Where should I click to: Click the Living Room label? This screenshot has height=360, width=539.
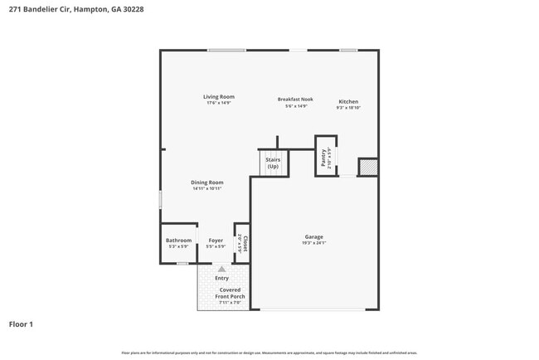tap(219, 97)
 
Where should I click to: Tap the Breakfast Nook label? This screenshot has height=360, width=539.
tap(295, 99)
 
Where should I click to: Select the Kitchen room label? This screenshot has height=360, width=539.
tap(347, 101)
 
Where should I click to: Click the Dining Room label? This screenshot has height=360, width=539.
tap(207, 182)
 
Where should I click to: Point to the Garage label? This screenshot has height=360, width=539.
tap(313, 236)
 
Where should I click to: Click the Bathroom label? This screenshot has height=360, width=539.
tap(178, 241)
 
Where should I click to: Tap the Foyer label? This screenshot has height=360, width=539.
tap(216, 241)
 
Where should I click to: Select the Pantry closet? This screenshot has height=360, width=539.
tap(326, 156)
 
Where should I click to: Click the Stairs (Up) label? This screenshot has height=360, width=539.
tap(273, 163)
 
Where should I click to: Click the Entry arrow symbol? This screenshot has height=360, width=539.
tap(221, 269)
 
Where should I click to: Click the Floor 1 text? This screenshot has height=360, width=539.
tap(21, 324)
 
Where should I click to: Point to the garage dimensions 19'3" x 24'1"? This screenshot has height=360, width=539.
tap(313, 243)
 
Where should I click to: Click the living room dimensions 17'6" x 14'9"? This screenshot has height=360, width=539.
tap(219, 104)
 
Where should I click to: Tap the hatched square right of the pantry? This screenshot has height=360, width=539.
tap(368, 168)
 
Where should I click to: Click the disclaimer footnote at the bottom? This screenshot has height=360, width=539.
tap(269, 353)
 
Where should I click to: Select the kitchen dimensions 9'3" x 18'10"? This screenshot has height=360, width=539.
tap(347, 108)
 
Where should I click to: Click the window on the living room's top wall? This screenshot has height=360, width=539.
tap(226, 51)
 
